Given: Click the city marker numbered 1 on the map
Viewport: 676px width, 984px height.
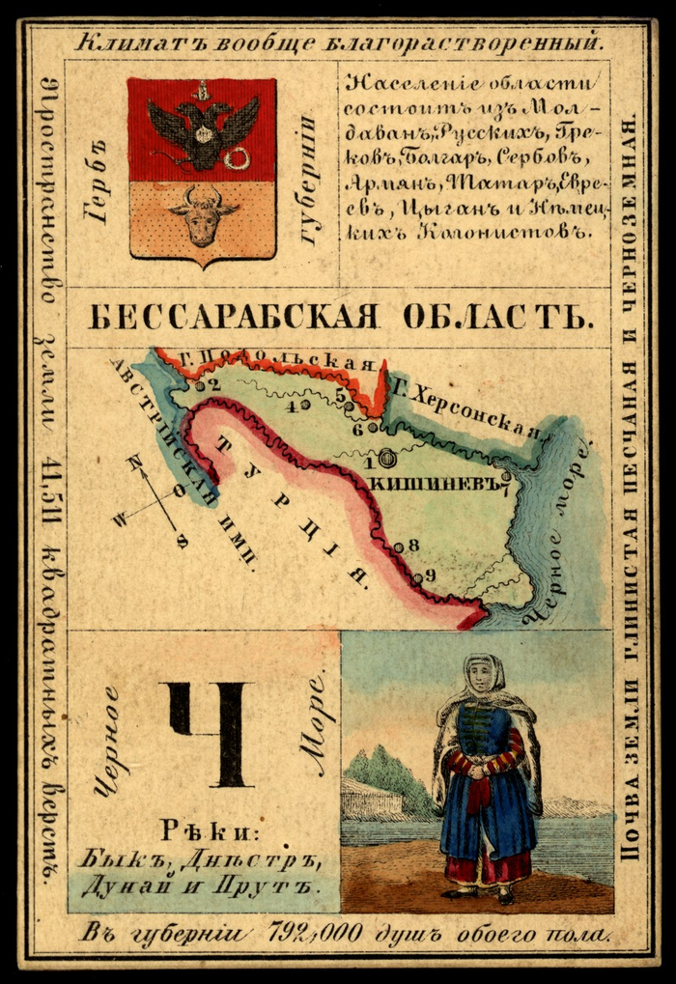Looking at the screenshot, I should pyautogui.click(x=386, y=459).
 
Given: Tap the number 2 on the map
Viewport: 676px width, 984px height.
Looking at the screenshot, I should pyautogui.click(x=215, y=384).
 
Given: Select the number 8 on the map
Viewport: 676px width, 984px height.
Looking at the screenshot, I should pyautogui.click(x=413, y=545).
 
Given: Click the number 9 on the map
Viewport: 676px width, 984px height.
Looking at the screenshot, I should pyautogui.click(x=430, y=576).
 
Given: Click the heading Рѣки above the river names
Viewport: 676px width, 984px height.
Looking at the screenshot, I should pyautogui.click(x=204, y=829).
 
